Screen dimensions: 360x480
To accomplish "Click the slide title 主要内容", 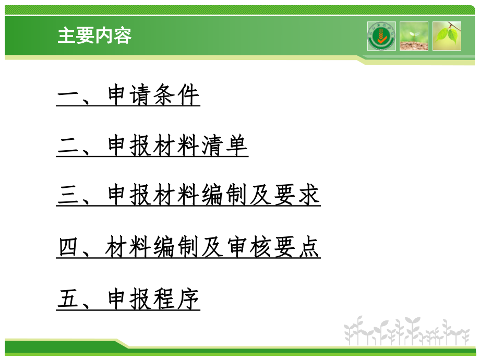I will coord(94,35).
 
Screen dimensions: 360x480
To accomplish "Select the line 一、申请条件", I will coord(128,96).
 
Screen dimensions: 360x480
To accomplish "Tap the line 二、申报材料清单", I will coord(152,147).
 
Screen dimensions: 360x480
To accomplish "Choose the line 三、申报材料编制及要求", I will coord(188,197).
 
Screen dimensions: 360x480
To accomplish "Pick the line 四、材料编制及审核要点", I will coord(188,248).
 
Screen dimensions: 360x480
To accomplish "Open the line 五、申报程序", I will coord(128,299).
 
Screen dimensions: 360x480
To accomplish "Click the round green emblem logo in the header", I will coord(381,36).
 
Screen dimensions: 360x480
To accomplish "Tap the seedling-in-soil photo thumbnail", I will coord(414,36).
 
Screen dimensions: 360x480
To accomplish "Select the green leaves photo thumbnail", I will coord(447,36).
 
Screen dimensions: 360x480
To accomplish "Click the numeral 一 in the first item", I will coord(68,96).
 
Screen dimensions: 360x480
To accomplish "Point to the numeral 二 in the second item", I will coord(68,147).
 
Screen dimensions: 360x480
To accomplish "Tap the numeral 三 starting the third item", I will coord(68,197).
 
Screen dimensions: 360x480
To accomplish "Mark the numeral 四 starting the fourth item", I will coord(68,248).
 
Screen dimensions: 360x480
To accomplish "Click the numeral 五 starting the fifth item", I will coord(68,299).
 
